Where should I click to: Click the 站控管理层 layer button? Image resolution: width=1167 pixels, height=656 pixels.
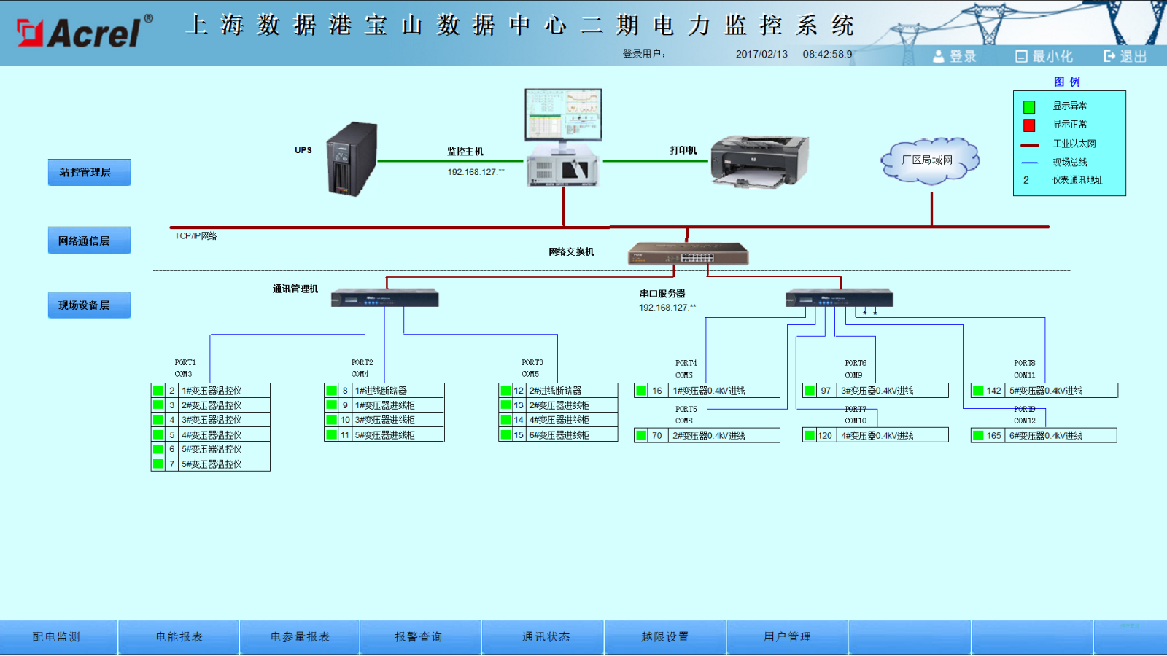click(x=89, y=173)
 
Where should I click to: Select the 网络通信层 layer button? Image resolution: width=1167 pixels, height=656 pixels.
click(x=89, y=241)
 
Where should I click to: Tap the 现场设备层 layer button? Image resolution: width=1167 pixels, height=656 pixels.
click(x=89, y=305)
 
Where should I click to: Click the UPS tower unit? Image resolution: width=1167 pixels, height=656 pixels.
click(x=352, y=158)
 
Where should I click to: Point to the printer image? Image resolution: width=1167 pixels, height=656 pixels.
click(x=759, y=161)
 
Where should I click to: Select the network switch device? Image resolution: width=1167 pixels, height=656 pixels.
click(x=688, y=254)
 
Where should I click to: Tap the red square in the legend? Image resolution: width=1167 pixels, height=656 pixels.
click(x=1029, y=125)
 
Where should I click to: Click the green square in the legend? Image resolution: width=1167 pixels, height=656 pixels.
click(x=1029, y=107)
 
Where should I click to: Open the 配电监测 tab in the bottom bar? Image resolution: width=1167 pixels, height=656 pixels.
click(x=57, y=637)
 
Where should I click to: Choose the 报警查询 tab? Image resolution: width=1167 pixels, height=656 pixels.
click(x=419, y=637)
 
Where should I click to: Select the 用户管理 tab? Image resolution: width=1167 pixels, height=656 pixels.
click(x=787, y=637)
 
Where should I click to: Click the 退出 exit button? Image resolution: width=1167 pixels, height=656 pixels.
click(x=1125, y=56)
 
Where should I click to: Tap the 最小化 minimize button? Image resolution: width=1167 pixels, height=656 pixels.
click(x=1044, y=56)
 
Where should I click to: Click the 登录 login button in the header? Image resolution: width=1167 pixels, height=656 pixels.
click(x=955, y=56)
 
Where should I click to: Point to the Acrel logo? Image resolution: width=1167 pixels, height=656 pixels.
click(x=84, y=33)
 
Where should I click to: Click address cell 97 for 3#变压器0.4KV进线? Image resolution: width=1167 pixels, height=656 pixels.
click(x=826, y=391)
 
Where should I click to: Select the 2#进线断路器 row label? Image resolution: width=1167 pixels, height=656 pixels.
click(x=556, y=391)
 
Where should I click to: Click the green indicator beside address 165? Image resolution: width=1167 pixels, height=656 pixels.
click(x=978, y=436)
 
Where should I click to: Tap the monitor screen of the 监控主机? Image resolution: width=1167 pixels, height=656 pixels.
click(x=563, y=114)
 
